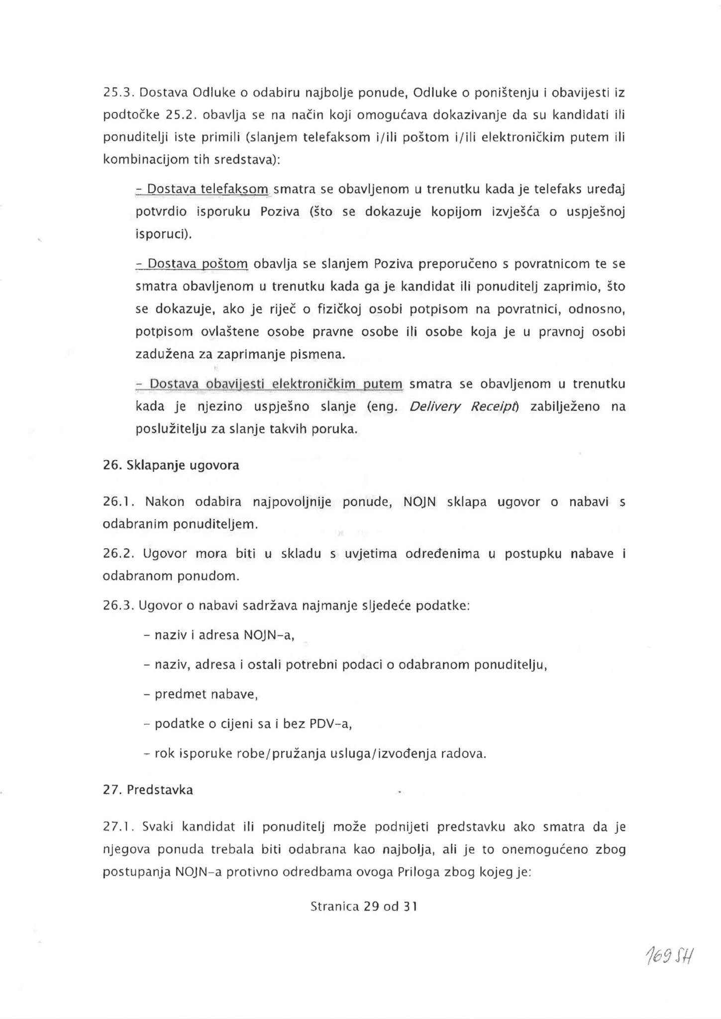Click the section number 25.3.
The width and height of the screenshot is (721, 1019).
click(x=116, y=93)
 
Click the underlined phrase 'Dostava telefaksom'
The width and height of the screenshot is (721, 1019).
click(x=202, y=189)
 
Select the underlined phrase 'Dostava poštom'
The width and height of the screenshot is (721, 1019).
click(x=192, y=264)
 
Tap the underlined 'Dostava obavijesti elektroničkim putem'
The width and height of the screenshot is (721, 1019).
click(x=269, y=384)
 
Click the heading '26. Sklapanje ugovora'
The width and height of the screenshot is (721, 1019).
click(x=171, y=465)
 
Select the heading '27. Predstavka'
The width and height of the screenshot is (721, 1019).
click(x=148, y=790)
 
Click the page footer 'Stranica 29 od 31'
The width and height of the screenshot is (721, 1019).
click(x=364, y=906)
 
